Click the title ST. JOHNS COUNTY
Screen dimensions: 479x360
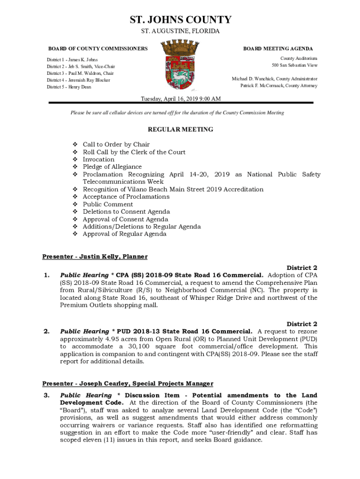tap(180, 20)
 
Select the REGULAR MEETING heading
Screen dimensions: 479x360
tap(180, 130)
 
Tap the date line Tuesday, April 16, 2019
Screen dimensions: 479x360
tap(181, 99)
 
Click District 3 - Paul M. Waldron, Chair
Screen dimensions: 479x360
tap(80, 73)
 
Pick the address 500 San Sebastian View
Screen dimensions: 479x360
tap(295, 65)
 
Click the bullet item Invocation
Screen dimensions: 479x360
tap(99, 160)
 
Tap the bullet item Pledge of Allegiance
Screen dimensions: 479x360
tap(112, 167)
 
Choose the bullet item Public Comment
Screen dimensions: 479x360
tap(108, 204)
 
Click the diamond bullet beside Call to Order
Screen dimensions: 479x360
tap(74, 145)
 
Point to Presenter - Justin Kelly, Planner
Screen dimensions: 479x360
tap(95, 257)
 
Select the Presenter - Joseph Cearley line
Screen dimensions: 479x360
tap(128, 384)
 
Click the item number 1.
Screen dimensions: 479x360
tap(46, 276)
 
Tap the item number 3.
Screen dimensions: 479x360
tap(46, 396)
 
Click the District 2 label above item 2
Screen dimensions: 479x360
tap(302, 324)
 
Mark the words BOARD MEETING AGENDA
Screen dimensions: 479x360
tap(278, 49)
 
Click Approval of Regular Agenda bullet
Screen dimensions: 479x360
tap(124, 234)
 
